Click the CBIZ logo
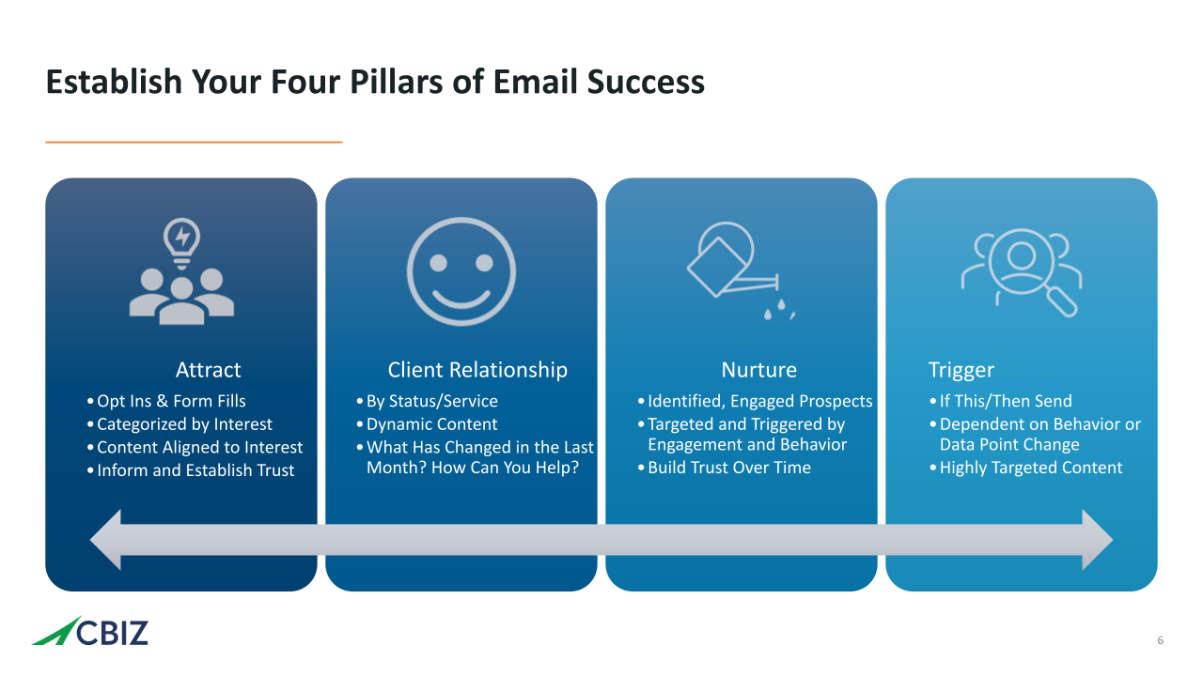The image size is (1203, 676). click(x=89, y=632)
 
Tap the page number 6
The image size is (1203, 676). click(x=1160, y=640)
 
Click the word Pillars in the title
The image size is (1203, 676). click(x=397, y=82)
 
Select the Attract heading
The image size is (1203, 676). click(x=209, y=370)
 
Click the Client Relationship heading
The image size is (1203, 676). click(x=477, y=370)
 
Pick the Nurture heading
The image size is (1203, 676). click(x=758, y=370)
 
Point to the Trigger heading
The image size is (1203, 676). click(x=961, y=370)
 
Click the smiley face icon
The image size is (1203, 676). click(x=461, y=271)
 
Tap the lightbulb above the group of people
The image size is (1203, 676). click(x=182, y=243)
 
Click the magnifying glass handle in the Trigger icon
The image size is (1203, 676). click(x=1062, y=302)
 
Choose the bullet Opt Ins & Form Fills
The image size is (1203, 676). click(x=166, y=401)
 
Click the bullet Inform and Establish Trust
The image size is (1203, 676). click(x=190, y=470)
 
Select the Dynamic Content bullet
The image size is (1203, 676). click(x=427, y=423)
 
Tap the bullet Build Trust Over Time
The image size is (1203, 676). click(x=724, y=468)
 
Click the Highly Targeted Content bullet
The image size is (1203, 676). click(x=1025, y=468)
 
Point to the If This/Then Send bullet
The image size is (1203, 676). click(x=1001, y=401)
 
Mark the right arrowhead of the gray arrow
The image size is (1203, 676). click(x=1097, y=540)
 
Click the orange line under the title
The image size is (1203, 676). click(x=194, y=142)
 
